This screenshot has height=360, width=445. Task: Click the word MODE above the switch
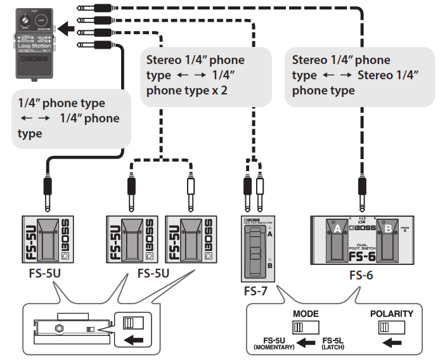point(306,314)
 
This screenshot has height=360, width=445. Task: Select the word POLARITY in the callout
point(392,314)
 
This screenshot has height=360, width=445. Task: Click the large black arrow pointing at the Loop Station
point(65,29)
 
